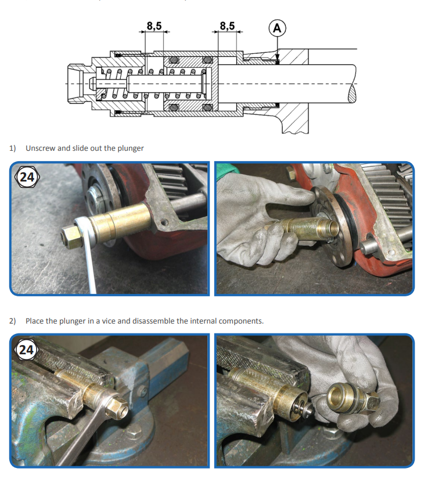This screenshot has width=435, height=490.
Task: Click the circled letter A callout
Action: [x=277, y=28]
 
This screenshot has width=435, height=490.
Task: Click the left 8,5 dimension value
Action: [x=154, y=26]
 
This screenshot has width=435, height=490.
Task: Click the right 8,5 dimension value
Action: [x=227, y=26]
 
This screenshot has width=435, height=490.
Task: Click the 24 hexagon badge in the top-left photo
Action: [x=27, y=177]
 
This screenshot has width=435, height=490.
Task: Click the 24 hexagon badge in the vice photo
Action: [x=26, y=350]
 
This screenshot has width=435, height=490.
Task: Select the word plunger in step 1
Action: [x=131, y=148]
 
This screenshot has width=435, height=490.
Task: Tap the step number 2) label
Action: [x=13, y=321]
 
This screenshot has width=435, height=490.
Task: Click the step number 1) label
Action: [x=13, y=148]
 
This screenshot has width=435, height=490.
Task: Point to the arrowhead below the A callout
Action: [x=277, y=58]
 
